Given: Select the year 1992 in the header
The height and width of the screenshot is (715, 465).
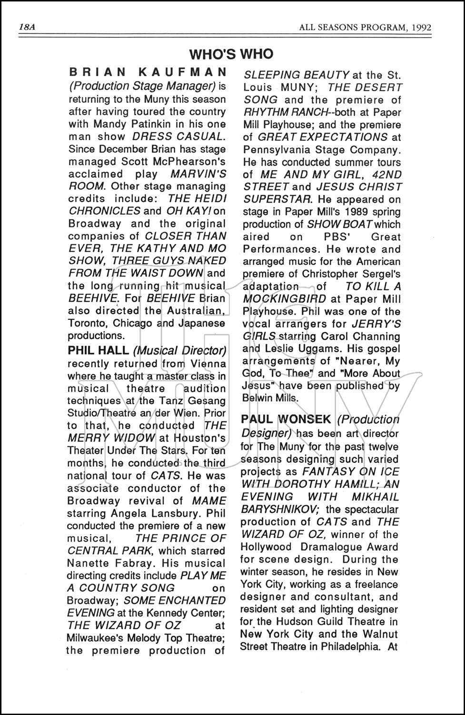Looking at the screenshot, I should pyautogui.click(x=421, y=27).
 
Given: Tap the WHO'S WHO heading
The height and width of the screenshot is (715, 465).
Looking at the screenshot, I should pyautogui.click(x=231, y=54).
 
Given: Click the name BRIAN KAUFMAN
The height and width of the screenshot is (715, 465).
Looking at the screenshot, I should pyautogui.click(x=148, y=72).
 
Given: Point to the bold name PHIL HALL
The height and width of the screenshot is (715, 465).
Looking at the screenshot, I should pyautogui.click(x=98, y=351).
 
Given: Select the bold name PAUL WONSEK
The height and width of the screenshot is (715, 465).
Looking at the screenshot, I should pyautogui.click(x=286, y=419).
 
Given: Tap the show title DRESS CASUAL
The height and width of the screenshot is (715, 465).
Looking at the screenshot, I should pyautogui.click(x=178, y=136).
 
